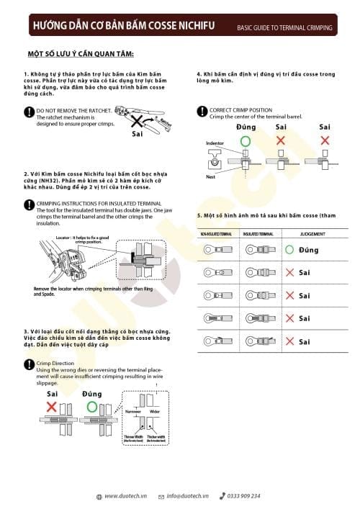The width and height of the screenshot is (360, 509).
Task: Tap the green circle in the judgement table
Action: [x=289, y=251]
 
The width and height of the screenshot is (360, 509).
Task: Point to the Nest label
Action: [x=210, y=176]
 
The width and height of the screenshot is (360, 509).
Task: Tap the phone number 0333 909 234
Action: [x=243, y=496]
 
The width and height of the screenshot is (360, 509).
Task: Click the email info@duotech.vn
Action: [x=186, y=496]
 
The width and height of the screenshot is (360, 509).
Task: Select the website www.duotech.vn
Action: [x=125, y=496]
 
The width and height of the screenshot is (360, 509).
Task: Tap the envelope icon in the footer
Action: [x=161, y=496]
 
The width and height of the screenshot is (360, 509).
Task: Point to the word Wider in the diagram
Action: [x=154, y=412]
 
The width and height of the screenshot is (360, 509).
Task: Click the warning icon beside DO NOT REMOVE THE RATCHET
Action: [x=29, y=111]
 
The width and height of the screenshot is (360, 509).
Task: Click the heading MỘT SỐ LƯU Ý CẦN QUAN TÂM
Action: [x=81, y=54]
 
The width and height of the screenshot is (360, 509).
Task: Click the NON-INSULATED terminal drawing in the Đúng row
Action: [x=215, y=251]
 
